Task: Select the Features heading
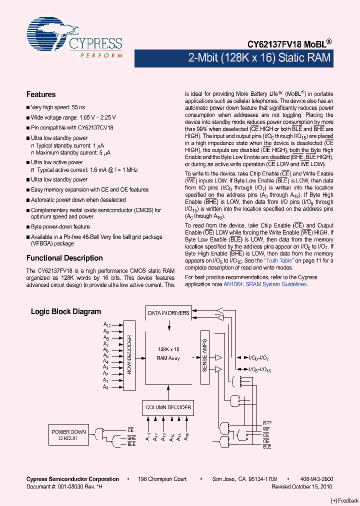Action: (41, 94)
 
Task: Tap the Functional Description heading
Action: (64, 258)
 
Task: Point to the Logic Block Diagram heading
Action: (66, 311)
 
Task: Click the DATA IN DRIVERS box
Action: (168, 313)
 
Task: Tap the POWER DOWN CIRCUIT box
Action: (68, 435)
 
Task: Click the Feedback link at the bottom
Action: (345, 500)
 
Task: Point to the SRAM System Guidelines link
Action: (276, 284)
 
